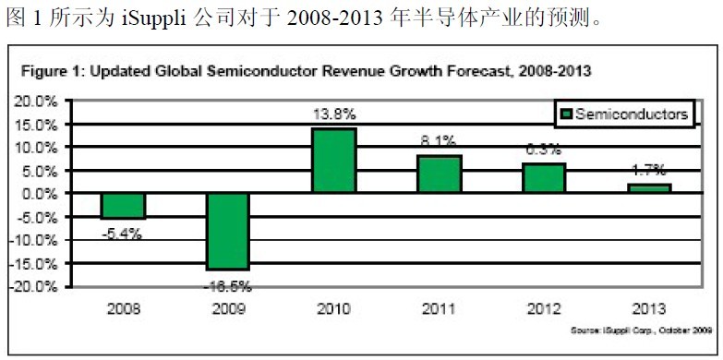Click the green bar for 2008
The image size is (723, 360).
[123, 206]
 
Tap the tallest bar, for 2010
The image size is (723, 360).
[333, 161]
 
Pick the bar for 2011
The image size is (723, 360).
[439, 174]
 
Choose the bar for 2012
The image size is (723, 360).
[544, 178]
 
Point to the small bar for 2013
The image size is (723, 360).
[649, 188]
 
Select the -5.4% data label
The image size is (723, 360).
[122, 234]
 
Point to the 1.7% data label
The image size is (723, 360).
[649, 171]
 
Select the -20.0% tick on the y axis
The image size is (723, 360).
[34, 286]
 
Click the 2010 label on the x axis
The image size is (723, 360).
[333, 307]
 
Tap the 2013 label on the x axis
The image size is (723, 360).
[649, 307]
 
